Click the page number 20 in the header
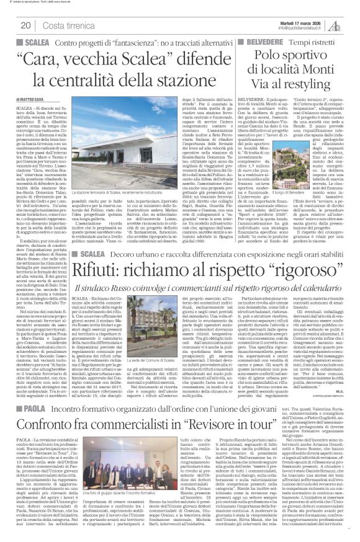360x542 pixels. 27,25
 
